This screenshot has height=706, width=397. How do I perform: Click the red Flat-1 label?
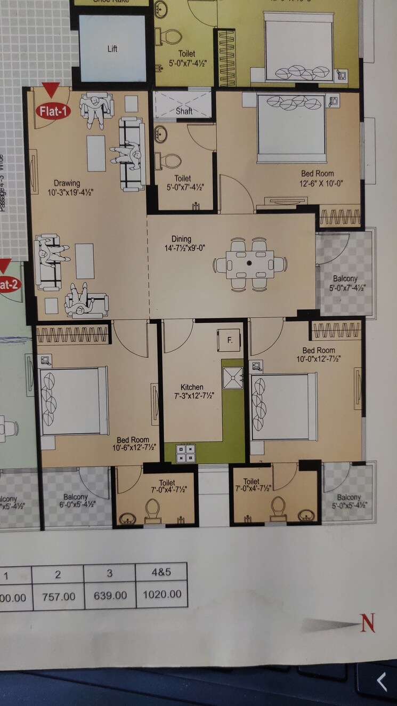click(x=53, y=111)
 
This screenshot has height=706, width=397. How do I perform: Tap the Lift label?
click(x=112, y=49)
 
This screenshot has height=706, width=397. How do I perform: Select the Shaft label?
click(x=184, y=111)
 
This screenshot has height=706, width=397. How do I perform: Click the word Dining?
click(x=181, y=239)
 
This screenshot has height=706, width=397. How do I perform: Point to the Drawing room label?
click(x=67, y=183)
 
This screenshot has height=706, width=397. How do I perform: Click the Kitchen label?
click(x=191, y=387)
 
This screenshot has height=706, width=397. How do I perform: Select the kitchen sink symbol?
click(x=232, y=378)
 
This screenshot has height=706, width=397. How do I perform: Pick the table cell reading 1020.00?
click(x=161, y=594)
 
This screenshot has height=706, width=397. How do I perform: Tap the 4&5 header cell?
click(x=161, y=574)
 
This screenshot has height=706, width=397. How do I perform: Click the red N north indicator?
click(x=368, y=623)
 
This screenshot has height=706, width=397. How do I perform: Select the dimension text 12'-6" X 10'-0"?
click(x=318, y=182)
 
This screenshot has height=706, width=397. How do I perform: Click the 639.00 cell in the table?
click(x=110, y=595)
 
